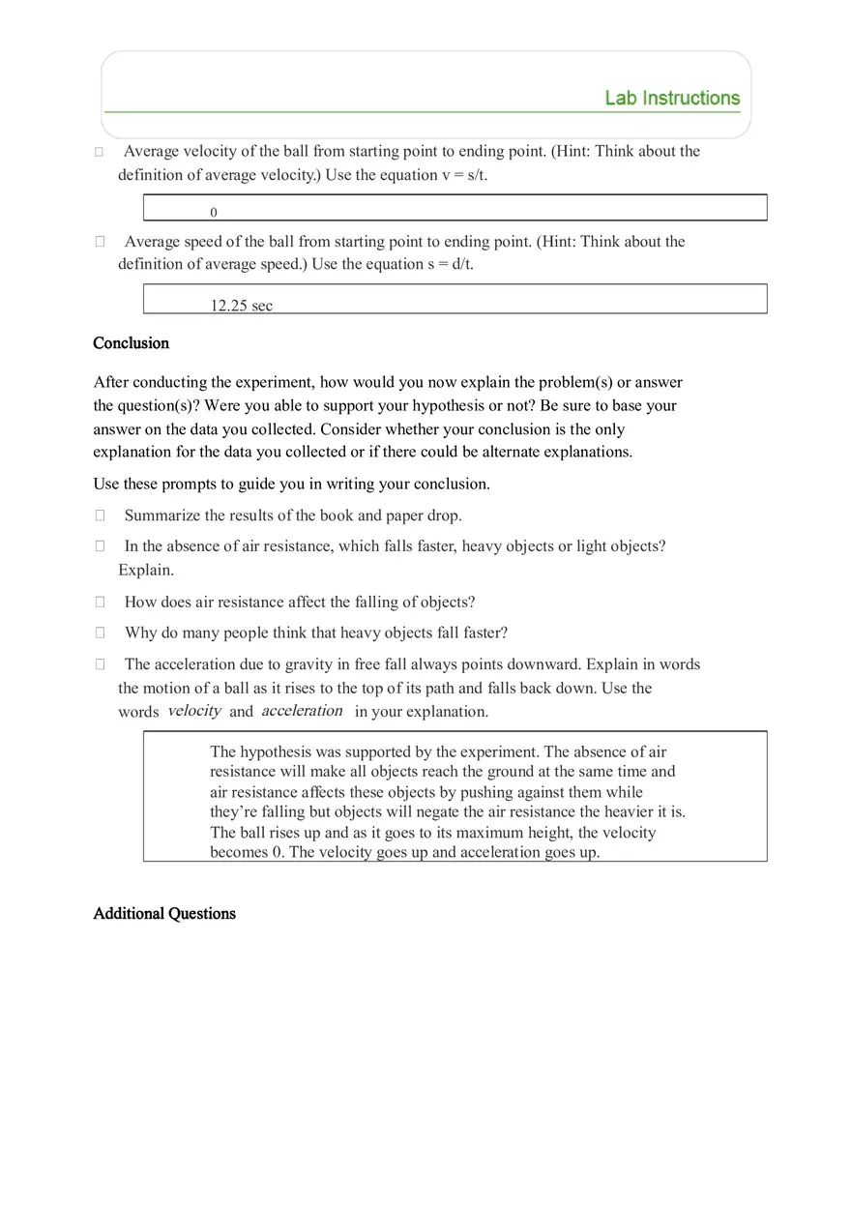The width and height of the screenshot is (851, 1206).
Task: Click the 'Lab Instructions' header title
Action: click(672, 98)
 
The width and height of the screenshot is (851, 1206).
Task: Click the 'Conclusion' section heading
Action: click(131, 343)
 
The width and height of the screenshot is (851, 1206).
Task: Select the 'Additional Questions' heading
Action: click(164, 914)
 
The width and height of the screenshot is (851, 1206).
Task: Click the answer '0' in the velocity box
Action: click(214, 213)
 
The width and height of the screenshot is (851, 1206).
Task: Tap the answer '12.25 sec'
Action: click(242, 306)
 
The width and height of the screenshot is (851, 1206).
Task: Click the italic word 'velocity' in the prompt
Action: click(194, 711)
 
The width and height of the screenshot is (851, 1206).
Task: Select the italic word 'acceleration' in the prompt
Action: click(302, 711)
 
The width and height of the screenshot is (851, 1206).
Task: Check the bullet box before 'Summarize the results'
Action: click(100, 515)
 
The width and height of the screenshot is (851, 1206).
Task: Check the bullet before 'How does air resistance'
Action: click(100, 602)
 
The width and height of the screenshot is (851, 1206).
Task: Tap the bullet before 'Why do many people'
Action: click(100, 632)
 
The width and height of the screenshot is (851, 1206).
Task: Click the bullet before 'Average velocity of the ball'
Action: click(100, 152)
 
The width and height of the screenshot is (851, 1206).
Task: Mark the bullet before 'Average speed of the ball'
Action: click(100, 242)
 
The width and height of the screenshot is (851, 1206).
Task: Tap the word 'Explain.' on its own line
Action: click(146, 570)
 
